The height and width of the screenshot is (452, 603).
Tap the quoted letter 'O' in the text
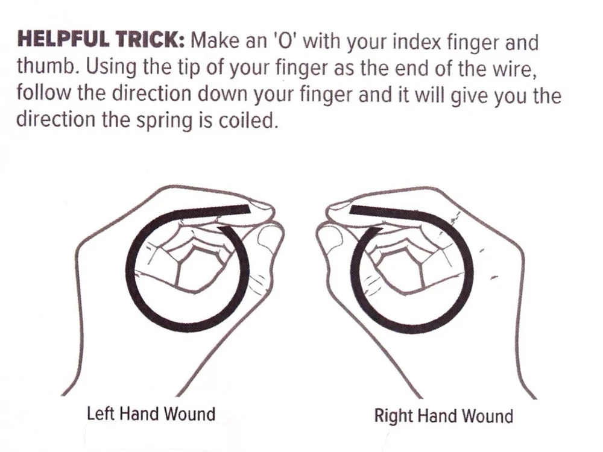coord(284,41)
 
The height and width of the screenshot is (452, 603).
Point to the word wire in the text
coord(515,67)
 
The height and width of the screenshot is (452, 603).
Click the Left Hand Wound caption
coord(151,414)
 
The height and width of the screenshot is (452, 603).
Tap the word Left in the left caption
coord(101,414)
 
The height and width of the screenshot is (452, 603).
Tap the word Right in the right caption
coord(393,416)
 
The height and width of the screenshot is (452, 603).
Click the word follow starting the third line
coord(42,93)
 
